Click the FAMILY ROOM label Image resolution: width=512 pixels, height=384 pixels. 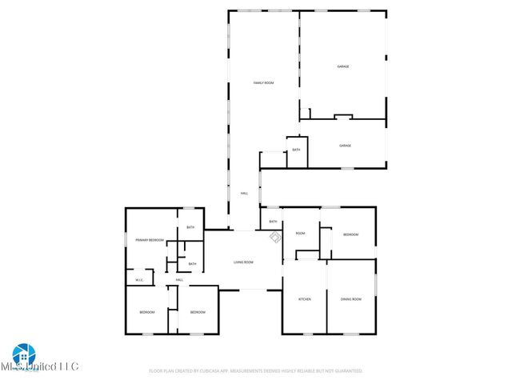(x=264, y=83)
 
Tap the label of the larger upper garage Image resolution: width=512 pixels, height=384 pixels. (x=343, y=66)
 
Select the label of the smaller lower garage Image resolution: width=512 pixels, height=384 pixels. (x=345, y=146)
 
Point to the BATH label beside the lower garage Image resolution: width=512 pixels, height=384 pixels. (x=296, y=150)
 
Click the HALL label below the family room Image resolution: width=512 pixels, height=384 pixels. (x=244, y=194)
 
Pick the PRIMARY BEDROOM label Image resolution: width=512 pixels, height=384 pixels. (x=150, y=240)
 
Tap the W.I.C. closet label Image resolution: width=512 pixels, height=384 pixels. (x=139, y=280)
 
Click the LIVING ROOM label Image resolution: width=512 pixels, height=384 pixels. (x=243, y=262)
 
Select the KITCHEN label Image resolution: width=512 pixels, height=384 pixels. (x=304, y=299)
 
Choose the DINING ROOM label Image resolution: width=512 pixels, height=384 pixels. (x=351, y=299)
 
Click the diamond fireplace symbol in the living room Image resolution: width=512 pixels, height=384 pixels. (x=274, y=237)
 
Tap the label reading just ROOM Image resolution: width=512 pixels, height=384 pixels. (x=301, y=234)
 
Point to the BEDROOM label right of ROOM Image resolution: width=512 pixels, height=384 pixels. (x=351, y=234)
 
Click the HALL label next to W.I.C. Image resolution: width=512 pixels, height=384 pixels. (x=179, y=280)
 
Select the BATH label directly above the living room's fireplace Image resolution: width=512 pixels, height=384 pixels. (x=273, y=222)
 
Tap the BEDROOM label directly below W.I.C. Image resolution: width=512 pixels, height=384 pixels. (x=146, y=312)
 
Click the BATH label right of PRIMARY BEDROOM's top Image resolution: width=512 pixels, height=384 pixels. (x=190, y=228)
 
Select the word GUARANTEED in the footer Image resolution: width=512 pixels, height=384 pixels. (x=346, y=371)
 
